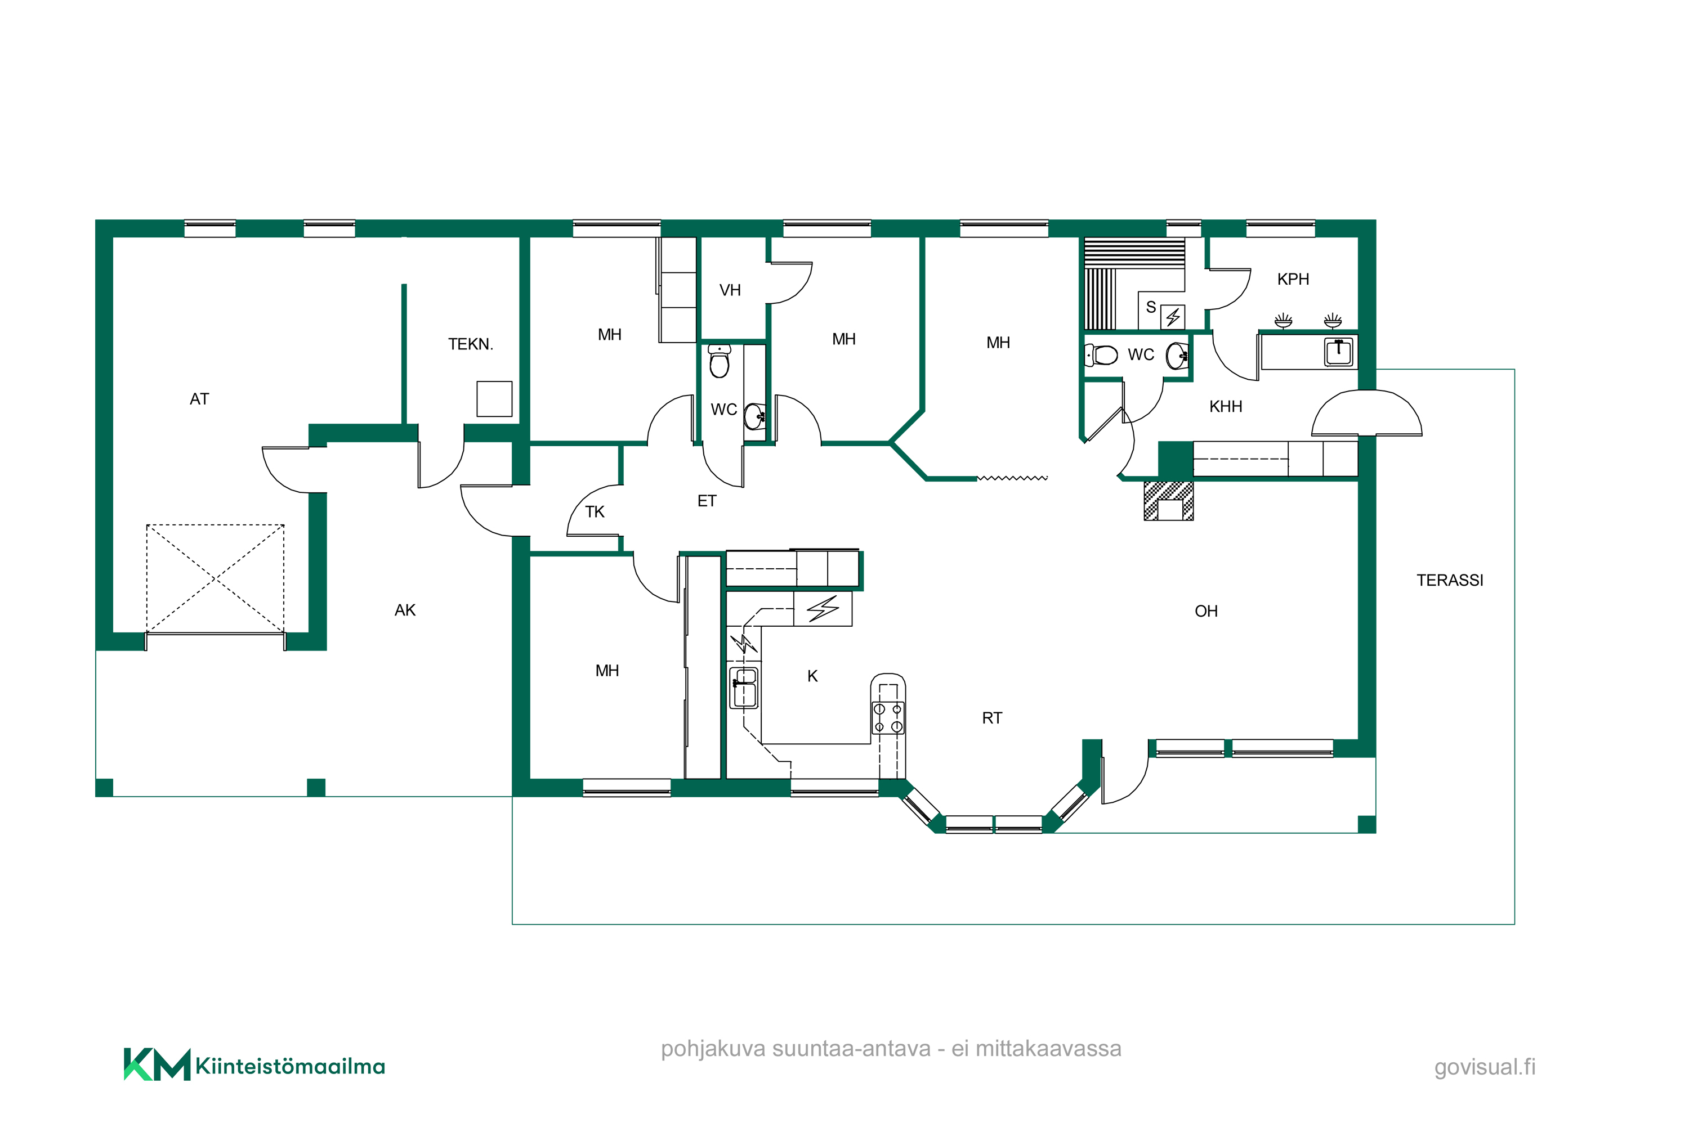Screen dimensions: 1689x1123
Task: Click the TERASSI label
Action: click(x=1449, y=580)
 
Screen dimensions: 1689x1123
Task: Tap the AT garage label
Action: click(x=199, y=399)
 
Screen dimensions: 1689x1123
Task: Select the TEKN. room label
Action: click(x=470, y=344)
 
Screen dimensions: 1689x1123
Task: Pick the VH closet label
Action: click(x=730, y=290)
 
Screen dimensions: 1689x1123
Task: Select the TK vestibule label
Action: click(x=594, y=512)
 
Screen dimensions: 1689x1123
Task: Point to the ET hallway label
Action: click(x=706, y=501)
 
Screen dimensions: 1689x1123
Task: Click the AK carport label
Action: click(x=405, y=610)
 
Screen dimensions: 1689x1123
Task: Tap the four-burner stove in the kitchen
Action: click(x=887, y=718)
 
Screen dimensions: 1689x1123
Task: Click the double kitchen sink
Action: click(x=744, y=688)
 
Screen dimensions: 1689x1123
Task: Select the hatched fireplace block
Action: click(x=1168, y=501)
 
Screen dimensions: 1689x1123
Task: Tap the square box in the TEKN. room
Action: click(x=494, y=399)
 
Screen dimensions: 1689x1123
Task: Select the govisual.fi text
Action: click(x=1484, y=1067)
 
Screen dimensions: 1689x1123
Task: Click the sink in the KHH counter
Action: click(x=1338, y=352)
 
